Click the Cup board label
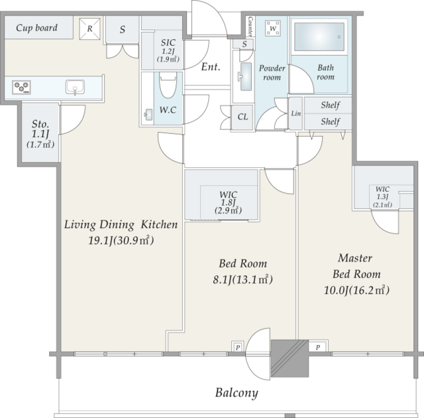click(x=37, y=28)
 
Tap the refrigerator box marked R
click(x=89, y=29)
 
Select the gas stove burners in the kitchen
click(x=21, y=87)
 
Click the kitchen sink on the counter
click(x=75, y=88)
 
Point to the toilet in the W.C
click(x=168, y=85)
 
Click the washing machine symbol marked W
click(x=273, y=29)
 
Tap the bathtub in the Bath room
click(x=319, y=36)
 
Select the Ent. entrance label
click(x=211, y=66)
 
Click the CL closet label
click(x=242, y=117)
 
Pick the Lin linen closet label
click(x=296, y=113)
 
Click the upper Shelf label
click(x=330, y=105)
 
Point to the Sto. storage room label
click(x=40, y=124)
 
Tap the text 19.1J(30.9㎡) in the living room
click(x=121, y=240)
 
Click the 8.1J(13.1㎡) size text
click(x=242, y=279)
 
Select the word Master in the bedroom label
click(x=355, y=258)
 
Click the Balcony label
click(x=237, y=393)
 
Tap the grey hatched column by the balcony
click(x=290, y=358)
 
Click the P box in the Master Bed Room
click(x=318, y=347)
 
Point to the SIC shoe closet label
click(x=168, y=42)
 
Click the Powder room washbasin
click(x=245, y=76)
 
